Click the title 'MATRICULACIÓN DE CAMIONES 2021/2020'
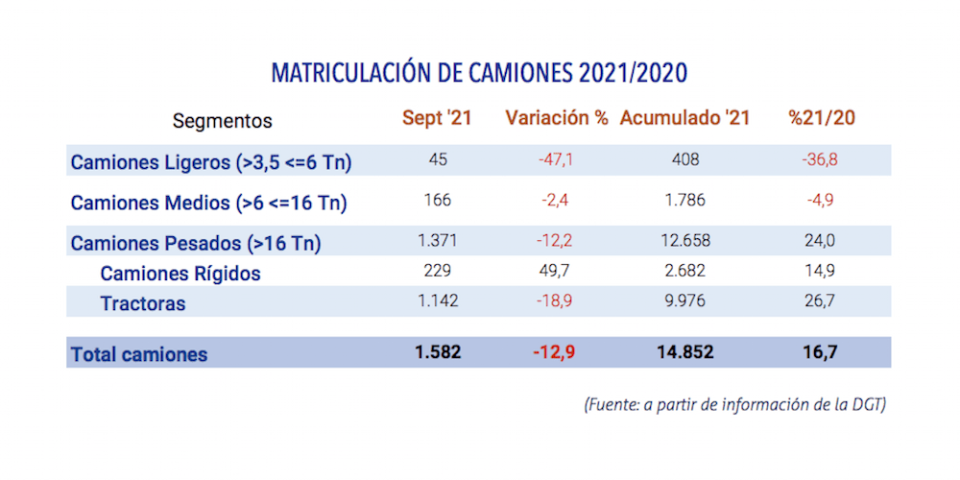(x=479, y=73)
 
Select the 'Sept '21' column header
(x=438, y=119)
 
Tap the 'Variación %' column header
(x=557, y=119)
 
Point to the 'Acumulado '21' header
(x=684, y=119)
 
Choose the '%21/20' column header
(x=822, y=119)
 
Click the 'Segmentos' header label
(x=223, y=122)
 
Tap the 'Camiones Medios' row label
(x=208, y=203)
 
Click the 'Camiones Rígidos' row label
(x=180, y=274)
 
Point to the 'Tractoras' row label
(x=143, y=304)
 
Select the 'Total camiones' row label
(x=139, y=354)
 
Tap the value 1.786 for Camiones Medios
(x=685, y=201)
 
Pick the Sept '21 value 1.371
(x=438, y=241)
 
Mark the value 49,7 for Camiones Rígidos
(x=557, y=272)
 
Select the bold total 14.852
(x=685, y=352)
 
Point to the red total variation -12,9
(x=556, y=352)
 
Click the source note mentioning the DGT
(x=734, y=404)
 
